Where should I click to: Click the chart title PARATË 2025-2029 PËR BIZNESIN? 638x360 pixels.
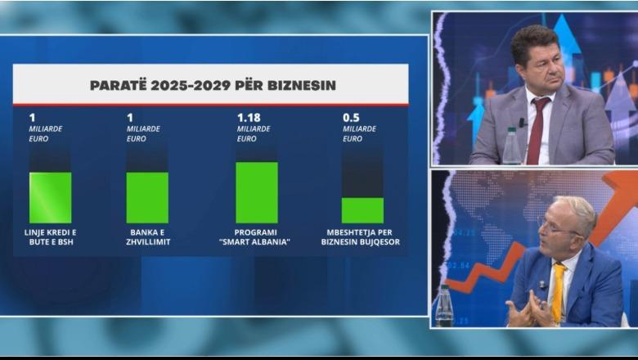[x=212, y=84]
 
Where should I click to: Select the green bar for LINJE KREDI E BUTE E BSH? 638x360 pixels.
[x=50, y=197]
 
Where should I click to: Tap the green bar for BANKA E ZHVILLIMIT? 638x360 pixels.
[x=147, y=197]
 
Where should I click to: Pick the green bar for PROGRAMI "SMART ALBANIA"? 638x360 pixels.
[x=257, y=192]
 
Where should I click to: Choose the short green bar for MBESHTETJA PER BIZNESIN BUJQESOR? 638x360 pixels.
[x=362, y=210]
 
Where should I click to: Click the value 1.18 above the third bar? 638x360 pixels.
[x=248, y=117]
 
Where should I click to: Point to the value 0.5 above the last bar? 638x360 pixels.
[x=351, y=117]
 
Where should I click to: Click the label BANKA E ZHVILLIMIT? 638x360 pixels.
[x=148, y=237]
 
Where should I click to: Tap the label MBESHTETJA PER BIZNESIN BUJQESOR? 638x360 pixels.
[x=362, y=237]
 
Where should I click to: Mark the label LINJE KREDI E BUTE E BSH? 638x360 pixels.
[x=50, y=237]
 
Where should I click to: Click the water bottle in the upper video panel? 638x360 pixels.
[x=511, y=146]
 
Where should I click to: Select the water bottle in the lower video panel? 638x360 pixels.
[x=444, y=306]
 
